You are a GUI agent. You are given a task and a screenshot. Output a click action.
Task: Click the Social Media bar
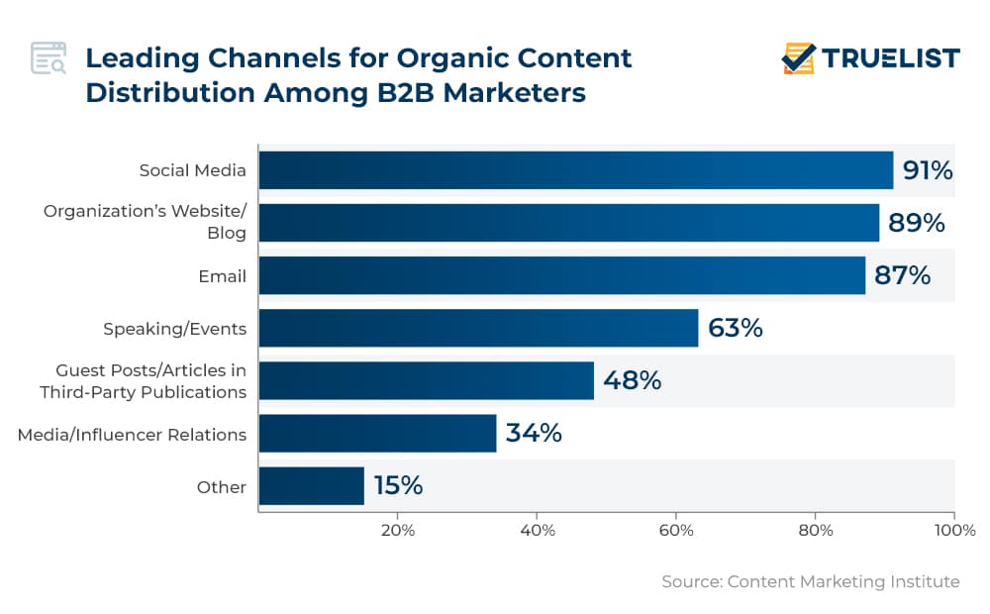[x=575, y=170]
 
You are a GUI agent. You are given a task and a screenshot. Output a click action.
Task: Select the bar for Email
[x=561, y=275]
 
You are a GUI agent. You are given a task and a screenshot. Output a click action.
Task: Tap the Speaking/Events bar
[x=478, y=328]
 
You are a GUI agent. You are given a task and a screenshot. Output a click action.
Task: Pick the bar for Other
[x=311, y=486]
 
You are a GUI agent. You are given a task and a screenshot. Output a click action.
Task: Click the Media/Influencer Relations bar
[x=377, y=433]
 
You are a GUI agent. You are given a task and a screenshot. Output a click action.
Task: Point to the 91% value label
[x=928, y=170]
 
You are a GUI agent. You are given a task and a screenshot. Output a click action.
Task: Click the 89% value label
[x=916, y=223]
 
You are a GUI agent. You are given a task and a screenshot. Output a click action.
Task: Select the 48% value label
[x=632, y=380]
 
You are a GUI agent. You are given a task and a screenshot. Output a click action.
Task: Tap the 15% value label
[x=398, y=486]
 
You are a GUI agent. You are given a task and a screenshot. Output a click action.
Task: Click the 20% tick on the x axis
[x=398, y=530]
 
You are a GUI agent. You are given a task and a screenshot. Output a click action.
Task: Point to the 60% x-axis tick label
[x=676, y=530]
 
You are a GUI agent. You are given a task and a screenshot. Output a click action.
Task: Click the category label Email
[x=222, y=276]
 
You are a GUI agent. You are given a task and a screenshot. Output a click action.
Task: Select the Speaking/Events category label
[x=175, y=329]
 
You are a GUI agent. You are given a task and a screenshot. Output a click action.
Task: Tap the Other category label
[x=222, y=487]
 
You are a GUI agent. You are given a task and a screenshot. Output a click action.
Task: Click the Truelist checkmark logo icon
[x=798, y=58]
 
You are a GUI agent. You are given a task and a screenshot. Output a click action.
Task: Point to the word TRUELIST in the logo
[x=891, y=58]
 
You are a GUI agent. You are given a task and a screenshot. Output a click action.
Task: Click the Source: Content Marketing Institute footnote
[x=810, y=581]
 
